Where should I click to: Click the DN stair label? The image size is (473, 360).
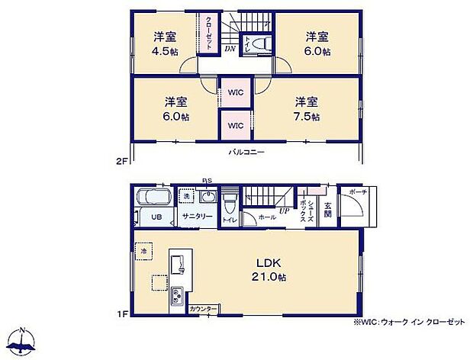(x=230, y=48)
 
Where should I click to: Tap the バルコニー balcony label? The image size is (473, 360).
(x=246, y=153)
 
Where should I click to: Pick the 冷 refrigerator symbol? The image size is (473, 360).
(x=143, y=249)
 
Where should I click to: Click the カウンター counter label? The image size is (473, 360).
(x=203, y=308)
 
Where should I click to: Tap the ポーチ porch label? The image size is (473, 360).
(x=357, y=191)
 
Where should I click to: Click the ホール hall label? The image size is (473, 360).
(x=266, y=217)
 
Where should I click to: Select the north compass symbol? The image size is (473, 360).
(x=24, y=341)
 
